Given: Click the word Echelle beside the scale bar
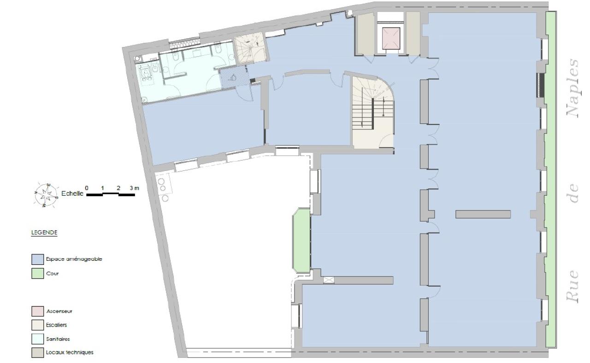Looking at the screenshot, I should point(72,193).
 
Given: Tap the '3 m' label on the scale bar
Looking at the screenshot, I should point(134,188).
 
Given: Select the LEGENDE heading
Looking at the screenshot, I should point(44,233).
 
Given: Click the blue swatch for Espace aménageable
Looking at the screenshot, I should point(37,259).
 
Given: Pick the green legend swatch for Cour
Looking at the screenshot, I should point(37,273).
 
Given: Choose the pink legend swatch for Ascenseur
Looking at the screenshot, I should point(37,311).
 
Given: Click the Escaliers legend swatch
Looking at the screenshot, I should point(37,325).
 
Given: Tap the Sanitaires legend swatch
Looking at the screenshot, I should point(37,339).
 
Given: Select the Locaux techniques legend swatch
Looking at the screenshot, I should point(37,352).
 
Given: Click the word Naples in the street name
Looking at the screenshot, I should point(572,88).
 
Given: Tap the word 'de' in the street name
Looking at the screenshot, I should point(573,194).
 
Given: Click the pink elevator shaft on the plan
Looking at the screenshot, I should point(390,38).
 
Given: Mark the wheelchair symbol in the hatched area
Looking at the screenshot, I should point(233,78).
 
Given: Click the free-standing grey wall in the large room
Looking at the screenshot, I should point(483,214).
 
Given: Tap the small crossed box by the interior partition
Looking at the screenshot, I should point(329,280).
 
